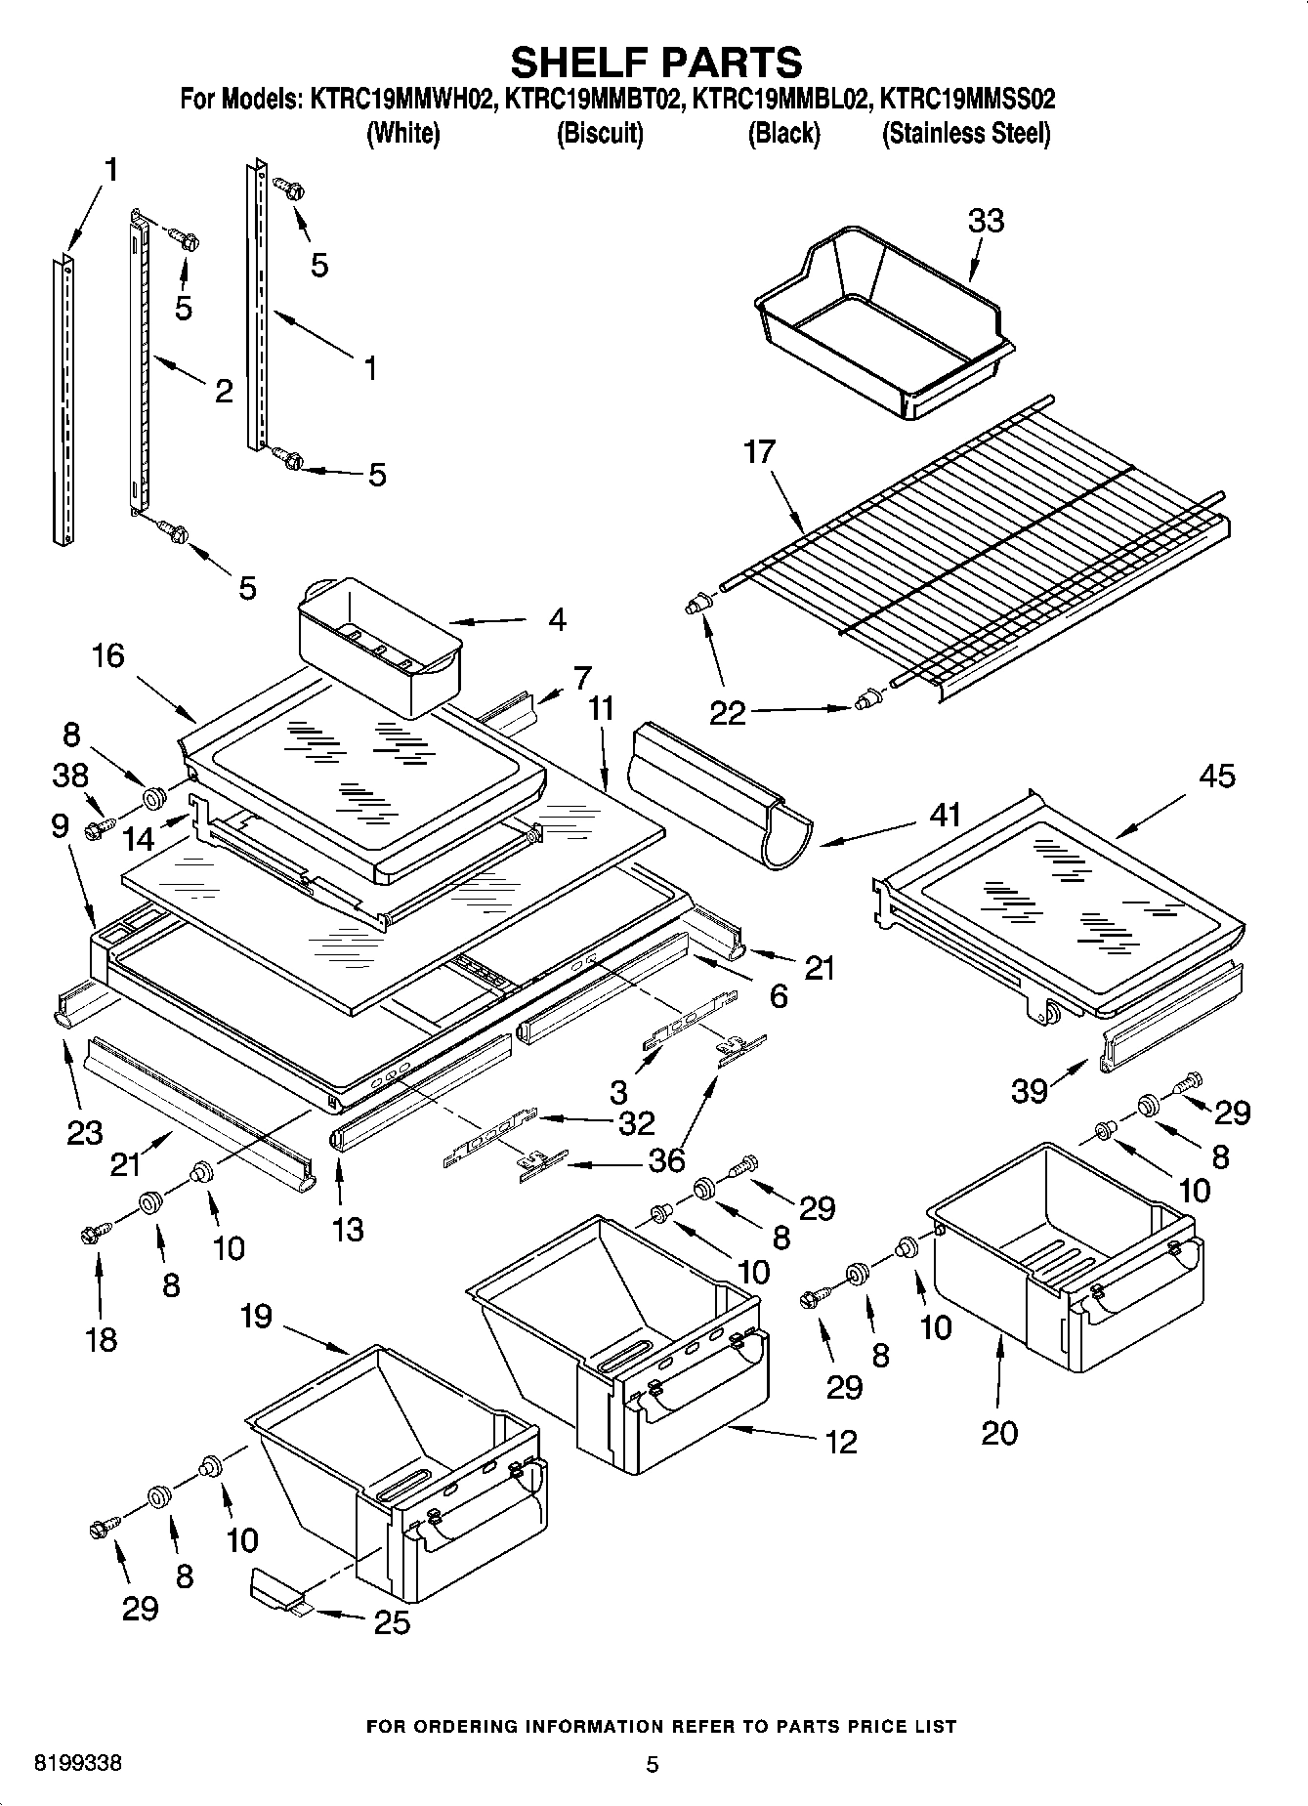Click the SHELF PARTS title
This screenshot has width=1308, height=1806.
coord(655,62)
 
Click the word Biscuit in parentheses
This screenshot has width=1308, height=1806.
coord(599,134)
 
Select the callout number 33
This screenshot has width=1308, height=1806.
coord(986,221)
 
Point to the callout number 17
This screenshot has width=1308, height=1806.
coord(759,452)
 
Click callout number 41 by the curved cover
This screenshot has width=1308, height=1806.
coord(946,814)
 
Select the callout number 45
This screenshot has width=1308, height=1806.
coord(1216,776)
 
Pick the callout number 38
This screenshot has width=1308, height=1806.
coord(69,776)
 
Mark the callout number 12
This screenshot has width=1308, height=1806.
coord(840,1441)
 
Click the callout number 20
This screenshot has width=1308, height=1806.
coord(998,1433)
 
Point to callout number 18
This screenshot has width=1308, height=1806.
coord(102,1339)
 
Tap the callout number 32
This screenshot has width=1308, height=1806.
coord(636,1123)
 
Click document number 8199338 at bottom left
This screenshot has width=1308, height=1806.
coord(78,1764)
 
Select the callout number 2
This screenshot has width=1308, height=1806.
coord(224,392)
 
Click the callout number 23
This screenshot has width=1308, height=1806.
coord(84,1133)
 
